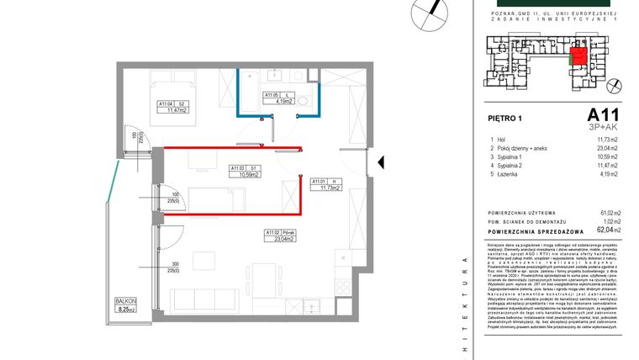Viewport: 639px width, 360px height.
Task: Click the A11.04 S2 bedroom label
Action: pyautogui.click(x=176, y=105)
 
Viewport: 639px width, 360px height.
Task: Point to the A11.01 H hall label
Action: pyautogui.click(x=325, y=185)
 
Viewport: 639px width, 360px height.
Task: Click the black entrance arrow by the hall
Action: pyautogui.click(x=380, y=161)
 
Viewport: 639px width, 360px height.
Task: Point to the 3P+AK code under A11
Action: pyautogui.click(x=603, y=127)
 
